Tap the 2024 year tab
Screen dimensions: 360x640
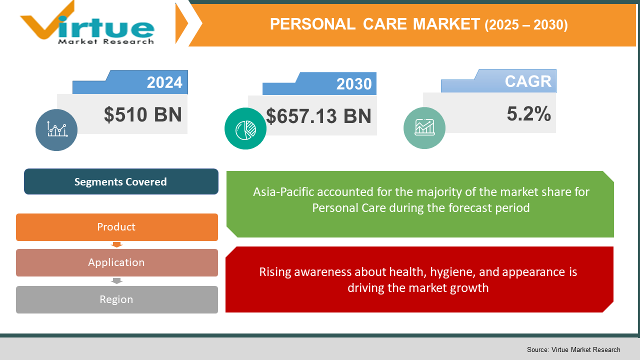164,82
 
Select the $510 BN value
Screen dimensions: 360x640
143,115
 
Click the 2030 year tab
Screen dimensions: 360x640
353,84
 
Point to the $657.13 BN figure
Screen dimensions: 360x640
318,116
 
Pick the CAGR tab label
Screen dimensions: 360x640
527,81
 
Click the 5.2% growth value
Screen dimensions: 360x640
528,114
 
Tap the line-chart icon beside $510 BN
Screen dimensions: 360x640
56,130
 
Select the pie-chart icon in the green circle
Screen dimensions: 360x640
245,128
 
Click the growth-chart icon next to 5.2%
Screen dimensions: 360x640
424,128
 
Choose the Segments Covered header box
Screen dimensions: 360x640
121,181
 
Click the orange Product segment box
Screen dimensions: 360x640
116,227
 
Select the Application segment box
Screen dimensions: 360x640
116,262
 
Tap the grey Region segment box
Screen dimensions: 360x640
116,299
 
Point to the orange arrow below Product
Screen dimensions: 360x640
116,244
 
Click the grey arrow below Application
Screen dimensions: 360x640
116,281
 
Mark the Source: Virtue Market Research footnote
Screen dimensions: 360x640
573,349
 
